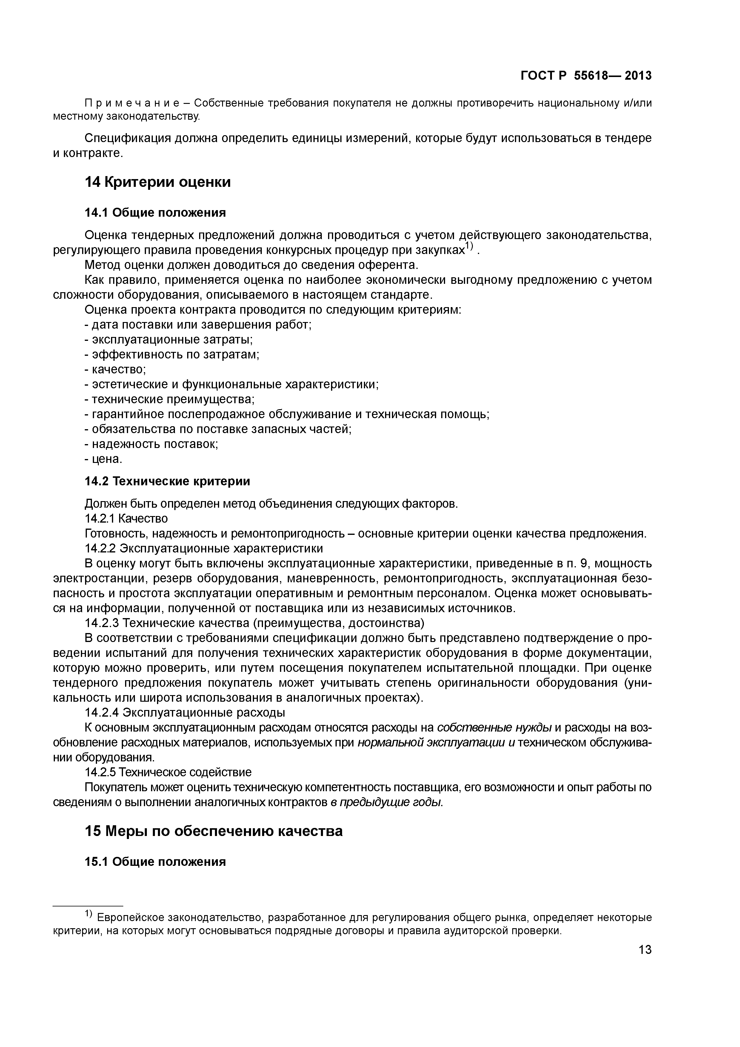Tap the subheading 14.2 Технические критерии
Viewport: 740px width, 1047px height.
(167, 481)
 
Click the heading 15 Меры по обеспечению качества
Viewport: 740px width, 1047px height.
(213, 831)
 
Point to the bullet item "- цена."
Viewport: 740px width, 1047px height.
(104, 459)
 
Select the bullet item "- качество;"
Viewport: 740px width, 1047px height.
(115, 369)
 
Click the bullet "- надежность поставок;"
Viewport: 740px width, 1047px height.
(151, 444)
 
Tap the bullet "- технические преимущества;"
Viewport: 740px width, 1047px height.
(170, 399)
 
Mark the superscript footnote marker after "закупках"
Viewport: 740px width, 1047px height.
(470, 247)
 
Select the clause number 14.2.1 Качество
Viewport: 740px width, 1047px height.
(126, 518)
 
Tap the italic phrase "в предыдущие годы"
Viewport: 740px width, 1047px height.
(387, 802)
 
